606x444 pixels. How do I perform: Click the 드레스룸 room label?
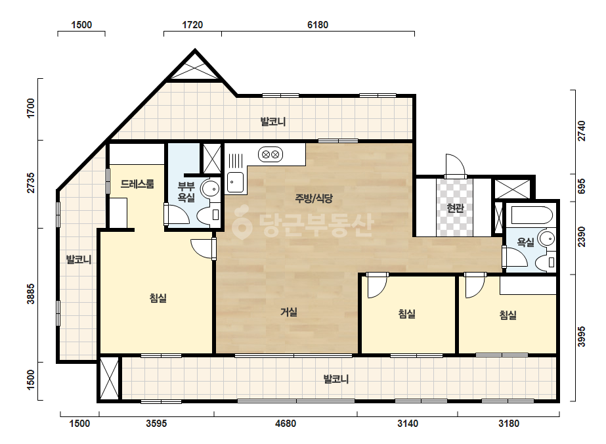pos(137,184)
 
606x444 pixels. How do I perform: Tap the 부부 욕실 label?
pos(186,192)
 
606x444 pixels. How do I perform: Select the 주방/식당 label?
pos(314,198)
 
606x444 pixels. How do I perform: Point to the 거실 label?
pos(289,312)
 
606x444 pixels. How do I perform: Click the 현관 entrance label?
pos(455,208)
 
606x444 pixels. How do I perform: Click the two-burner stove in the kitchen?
pos(271,155)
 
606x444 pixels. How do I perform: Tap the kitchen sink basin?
pos(235,182)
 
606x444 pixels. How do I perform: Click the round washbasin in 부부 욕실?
pos(211,189)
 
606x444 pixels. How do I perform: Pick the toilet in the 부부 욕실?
pos(209,214)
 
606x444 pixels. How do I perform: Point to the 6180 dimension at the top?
pos(318,25)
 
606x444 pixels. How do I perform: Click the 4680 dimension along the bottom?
pos(285,424)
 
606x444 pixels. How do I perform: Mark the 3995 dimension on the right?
pos(581,336)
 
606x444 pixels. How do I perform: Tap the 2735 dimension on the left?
pos(31,183)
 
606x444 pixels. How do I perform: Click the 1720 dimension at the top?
pos(192,25)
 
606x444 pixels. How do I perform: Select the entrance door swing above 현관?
pos(454,166)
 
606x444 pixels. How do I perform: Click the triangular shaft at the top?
pos(195,68)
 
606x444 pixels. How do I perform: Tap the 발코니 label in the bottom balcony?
pos(336,379)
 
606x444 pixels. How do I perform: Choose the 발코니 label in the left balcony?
pos(78,259)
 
